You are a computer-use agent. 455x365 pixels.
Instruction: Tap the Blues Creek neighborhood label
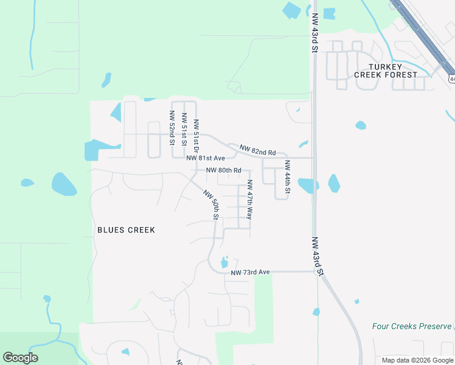click(126, 230)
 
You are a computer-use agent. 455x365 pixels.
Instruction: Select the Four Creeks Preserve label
click(412, 326)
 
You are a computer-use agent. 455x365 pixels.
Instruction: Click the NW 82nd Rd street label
click(257, 150)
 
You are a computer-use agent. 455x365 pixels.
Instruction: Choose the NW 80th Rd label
click(223, 170)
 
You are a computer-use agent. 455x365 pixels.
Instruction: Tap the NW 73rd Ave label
click(250, 272)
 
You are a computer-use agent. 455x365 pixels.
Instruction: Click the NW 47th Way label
click(249, 200)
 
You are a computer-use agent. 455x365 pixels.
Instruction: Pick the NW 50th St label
click(211, 205)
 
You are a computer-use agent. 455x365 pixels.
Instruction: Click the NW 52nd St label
click(172, 128)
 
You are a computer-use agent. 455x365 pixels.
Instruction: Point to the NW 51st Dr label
click(196, 135)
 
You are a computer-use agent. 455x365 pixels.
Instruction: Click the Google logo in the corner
click(20, 358)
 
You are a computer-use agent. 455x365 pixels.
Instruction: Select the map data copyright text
click(417, 360)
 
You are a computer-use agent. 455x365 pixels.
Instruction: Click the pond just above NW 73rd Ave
click(224, 263)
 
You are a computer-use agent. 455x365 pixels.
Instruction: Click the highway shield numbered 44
click(451, 79)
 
